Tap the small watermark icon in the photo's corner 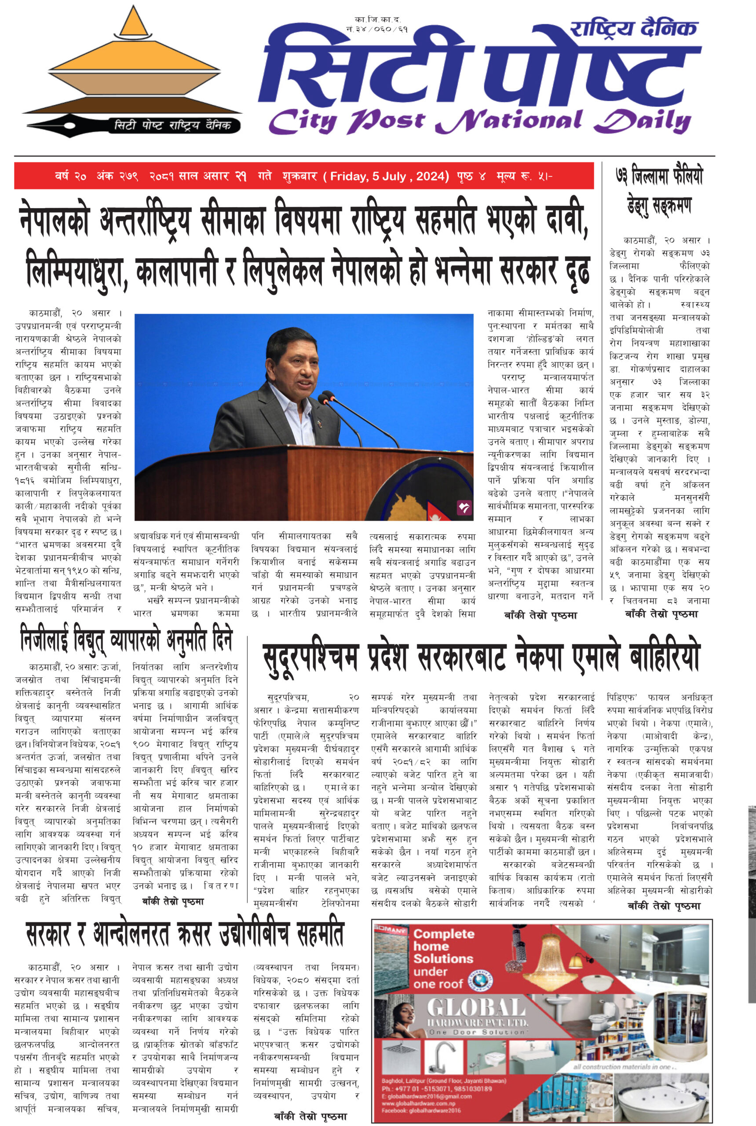pyautogui.click(x=464, y=507)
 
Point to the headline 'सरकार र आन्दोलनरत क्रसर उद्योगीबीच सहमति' pyautogui.click(x=185, y=934)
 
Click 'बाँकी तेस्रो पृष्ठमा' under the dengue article pyautogui.click(x=661, y=614)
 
